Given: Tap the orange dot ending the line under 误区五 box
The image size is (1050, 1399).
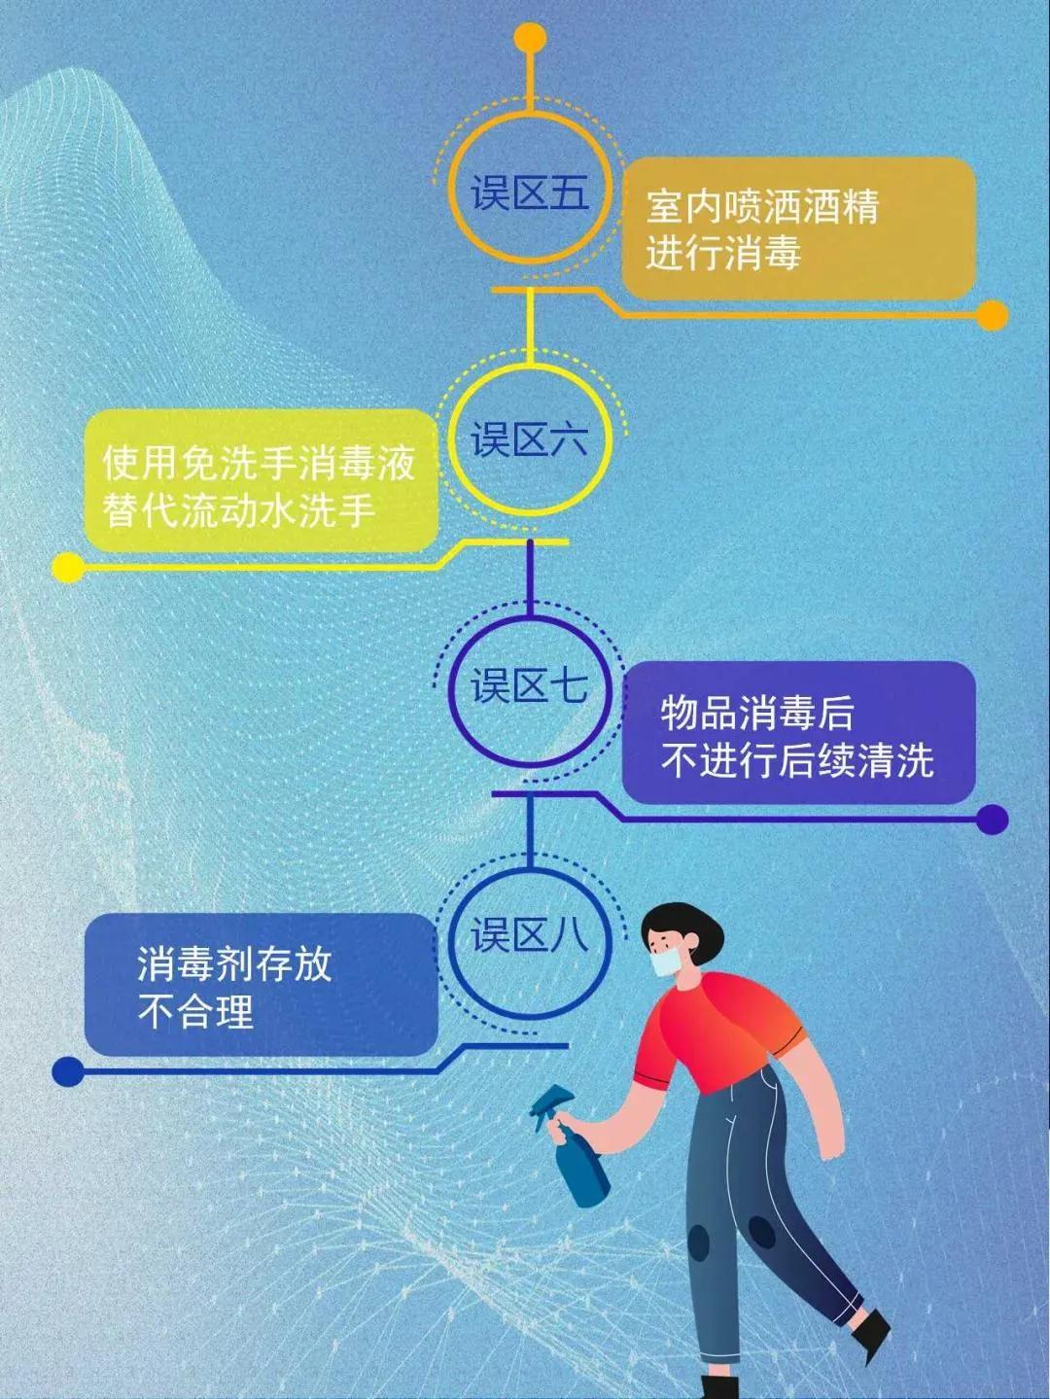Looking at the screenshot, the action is [x=992, y=316].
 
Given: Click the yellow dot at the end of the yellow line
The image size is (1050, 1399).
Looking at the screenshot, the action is [x=68, y=566].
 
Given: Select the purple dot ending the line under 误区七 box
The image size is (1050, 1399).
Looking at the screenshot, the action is [x=992, y=819].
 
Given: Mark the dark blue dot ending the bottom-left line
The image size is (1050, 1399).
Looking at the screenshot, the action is [x=68, y=1070].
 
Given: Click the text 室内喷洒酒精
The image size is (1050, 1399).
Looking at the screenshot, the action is [x=762, y=206].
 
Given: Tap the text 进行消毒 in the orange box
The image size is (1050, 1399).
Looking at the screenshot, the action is [x=723, y=254].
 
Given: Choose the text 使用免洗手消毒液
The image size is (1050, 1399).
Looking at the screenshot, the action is [x=260, y=462].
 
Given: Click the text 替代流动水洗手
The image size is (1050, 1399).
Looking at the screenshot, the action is [x=239, y=509].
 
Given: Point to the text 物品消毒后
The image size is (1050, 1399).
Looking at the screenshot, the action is [x=756, y=713].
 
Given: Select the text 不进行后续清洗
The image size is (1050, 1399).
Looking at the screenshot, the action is [x=797, y=759].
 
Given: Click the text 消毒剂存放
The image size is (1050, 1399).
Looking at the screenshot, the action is [x=234, y=964].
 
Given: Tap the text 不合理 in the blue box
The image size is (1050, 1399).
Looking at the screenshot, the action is [x=195, y=1011].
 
